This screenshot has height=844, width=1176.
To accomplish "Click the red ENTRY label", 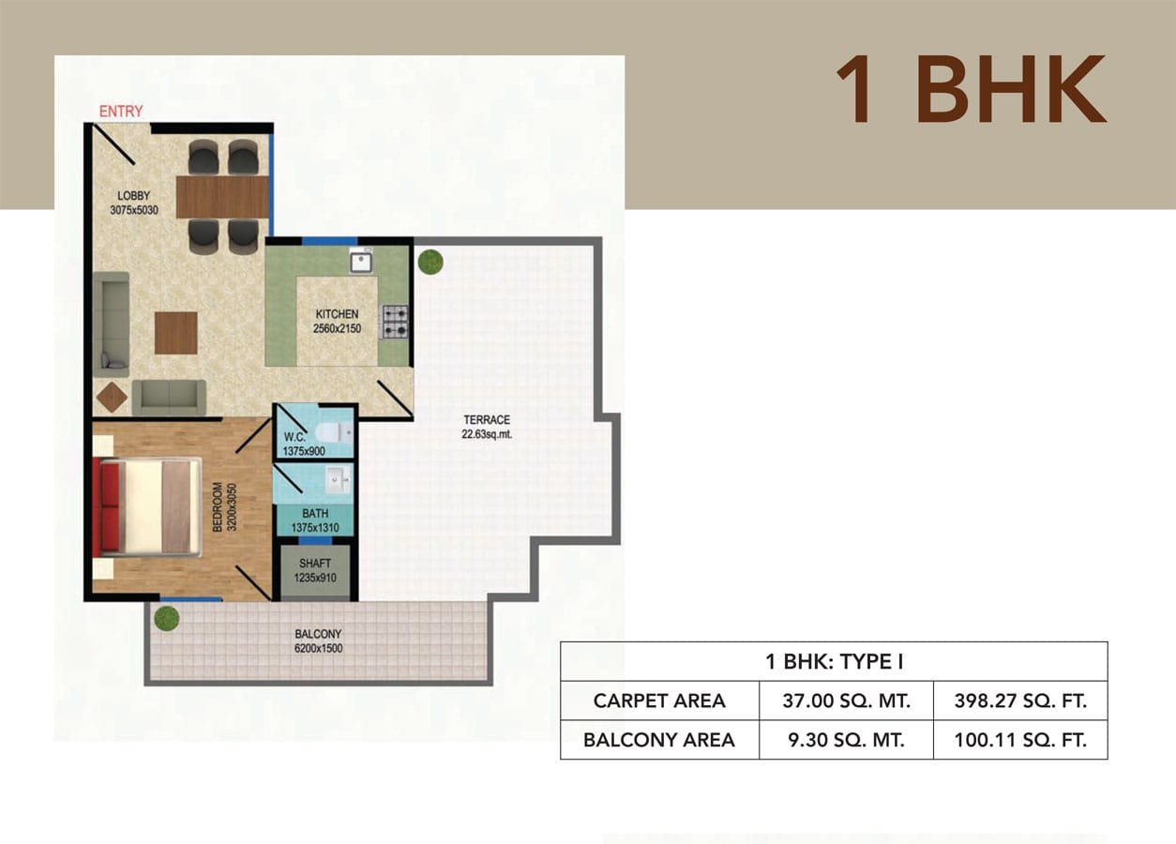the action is click(x=121, y=112).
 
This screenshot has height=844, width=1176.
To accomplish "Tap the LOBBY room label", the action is click(x=134, y=196).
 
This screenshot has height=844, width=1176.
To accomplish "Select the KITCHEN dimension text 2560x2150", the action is click(x=337, y=328).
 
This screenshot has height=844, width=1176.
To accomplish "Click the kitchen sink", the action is click(x=361, y=261).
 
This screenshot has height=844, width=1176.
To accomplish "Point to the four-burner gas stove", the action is click(x=396, y=322).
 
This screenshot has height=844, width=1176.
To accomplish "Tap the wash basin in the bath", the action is click(x=338, y=480).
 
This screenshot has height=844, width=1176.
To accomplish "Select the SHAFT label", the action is click(x=315, y=564).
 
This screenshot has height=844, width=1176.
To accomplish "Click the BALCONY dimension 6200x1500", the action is click(x=318, y=648).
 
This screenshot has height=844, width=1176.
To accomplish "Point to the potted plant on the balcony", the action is click(x=166, y=618).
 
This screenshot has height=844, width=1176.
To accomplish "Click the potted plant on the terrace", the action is click(x=430, y=262).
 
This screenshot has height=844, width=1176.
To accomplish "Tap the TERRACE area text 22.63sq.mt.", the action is click(x=487, y=434).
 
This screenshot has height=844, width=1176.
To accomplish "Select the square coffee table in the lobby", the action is click(x=176, y=333).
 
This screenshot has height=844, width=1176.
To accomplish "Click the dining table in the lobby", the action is click(x=222, y=197).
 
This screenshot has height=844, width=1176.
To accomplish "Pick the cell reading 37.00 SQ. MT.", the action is click(x=846, y=701).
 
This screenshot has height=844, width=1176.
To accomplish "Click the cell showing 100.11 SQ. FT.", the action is click(x=1020, y=740).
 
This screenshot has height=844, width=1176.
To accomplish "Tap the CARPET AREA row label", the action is click(x=659, y=701).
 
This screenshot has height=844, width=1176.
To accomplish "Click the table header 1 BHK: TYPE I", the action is click(x=835, y=662).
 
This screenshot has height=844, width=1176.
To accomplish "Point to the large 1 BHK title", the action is click(x=972, y=90).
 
